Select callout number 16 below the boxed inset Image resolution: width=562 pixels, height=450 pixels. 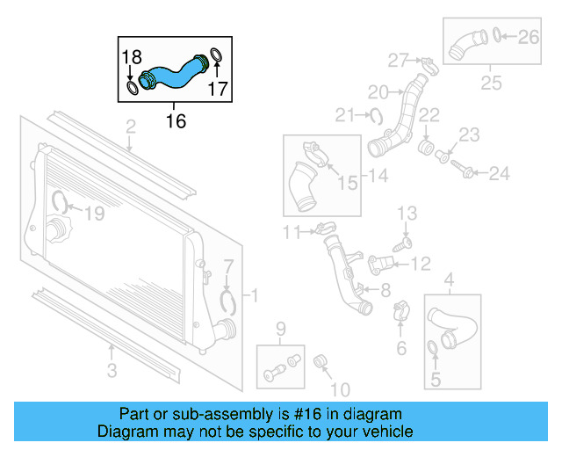pos(176,121)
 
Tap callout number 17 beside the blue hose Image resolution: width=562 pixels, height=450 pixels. pos(218,89)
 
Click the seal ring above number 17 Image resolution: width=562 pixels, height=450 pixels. pos(217,60)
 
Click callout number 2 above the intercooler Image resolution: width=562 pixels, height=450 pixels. pos(130,129)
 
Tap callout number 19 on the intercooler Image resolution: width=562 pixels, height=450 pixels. pos(94,212)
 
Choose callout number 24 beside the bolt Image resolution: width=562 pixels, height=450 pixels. pos(499,174)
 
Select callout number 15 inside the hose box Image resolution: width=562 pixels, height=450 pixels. pos(348,183)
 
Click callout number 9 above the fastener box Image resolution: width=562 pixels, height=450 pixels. pos(281,330)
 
